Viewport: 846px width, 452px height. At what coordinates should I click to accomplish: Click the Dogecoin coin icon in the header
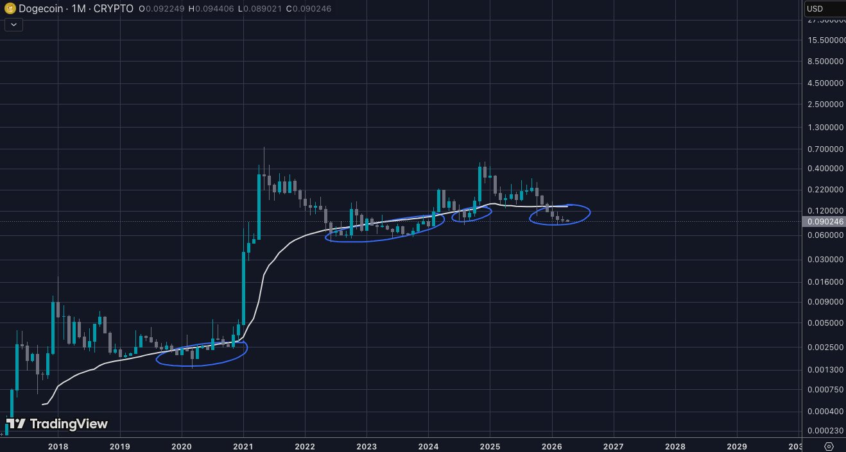(x=9, y=10)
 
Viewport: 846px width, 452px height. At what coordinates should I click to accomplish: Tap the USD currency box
(x=824, y=9)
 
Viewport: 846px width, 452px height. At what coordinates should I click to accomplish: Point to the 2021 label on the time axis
(x=243, y=446)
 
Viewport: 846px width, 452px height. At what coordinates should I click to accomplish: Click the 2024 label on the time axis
(x=428, y=446)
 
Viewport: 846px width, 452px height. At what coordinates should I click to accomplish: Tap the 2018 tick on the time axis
(x=58, y=446)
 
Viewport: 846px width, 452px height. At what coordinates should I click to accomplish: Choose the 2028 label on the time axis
(x=675, y=446)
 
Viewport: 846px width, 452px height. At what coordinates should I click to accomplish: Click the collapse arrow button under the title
(x=14, y=24)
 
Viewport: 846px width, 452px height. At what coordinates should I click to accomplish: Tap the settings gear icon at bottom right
(x=829, y=446)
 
